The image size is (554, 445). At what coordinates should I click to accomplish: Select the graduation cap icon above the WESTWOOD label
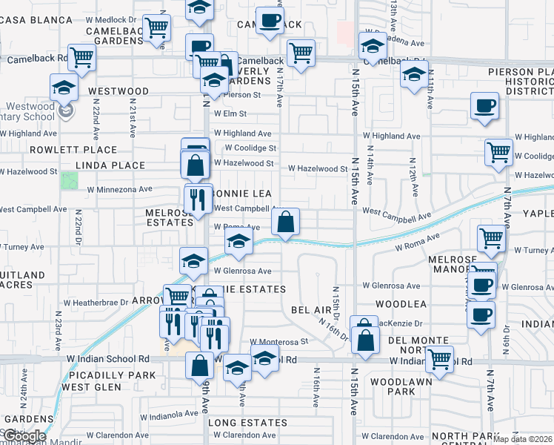(x=64, y=88)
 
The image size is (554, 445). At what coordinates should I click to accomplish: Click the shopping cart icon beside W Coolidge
(x=498, y=152)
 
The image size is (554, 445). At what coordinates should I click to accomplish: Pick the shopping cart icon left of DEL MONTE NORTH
(x=441, y=360)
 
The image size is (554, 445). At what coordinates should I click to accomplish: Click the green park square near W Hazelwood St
(x=69, y=179)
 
